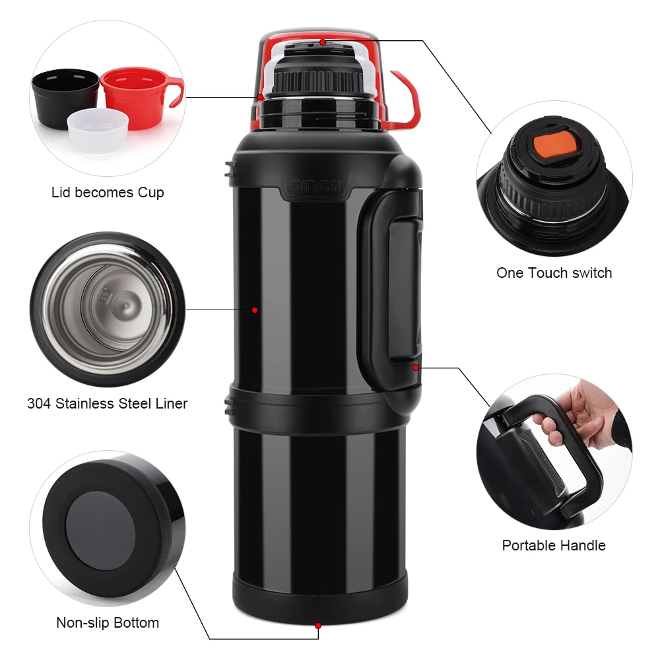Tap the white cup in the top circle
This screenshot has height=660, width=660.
pyautogui.click(x=97, y=132)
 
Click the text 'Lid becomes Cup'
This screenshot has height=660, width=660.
pyautogui.click(x=108, y=193)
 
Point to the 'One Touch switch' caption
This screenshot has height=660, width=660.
pyautogui.click(x=554, y=273)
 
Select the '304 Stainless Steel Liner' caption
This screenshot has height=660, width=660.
pyautogui.click(x=108, y=403)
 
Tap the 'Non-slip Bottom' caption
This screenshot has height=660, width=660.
pyautogui.click(x=108, y=622)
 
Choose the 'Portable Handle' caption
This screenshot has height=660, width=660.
pyautogui.click(x=554, y=545)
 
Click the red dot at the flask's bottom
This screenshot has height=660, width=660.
pyautogui.click(x=318, y=624)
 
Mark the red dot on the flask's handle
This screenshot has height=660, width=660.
pyautogui.click(x=416, y=366)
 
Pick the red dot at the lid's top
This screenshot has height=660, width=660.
pyautogui.click(x=323, y=42)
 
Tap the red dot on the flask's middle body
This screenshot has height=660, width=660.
pyautogui.click(x=254, y=310)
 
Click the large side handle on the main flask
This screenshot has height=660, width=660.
pyautogui.click(x=393, y=290)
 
